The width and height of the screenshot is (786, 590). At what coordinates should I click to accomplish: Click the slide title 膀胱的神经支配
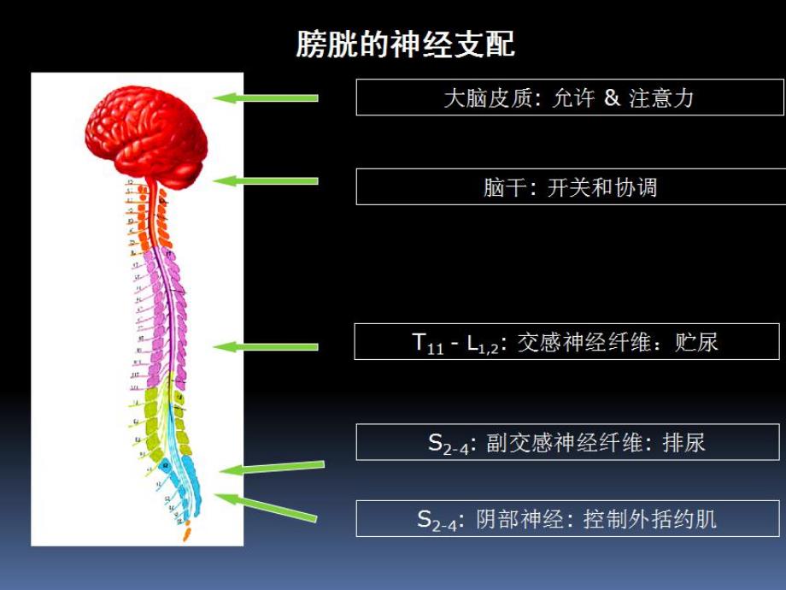click(x=405, y=44)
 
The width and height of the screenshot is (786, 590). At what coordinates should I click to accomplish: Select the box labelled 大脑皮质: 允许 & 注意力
click(x=569, y=97)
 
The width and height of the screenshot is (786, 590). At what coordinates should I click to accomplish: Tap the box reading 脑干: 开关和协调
click(x=569, y=186)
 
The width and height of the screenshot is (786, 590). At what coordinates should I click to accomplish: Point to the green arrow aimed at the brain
click(x=266, y=97)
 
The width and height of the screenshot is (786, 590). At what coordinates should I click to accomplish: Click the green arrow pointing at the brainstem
click(x=266, y=180)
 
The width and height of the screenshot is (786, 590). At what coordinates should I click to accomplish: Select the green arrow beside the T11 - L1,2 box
click(x=266, y=346)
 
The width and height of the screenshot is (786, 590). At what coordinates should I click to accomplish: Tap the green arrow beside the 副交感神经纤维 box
click(x=272, y=467)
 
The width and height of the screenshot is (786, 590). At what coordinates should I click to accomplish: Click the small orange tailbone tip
click(x=187, y=534)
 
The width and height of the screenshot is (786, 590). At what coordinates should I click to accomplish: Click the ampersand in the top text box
click(x=611, y=97)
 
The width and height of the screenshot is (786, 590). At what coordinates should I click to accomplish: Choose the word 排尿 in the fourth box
click(x=683, y=443)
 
